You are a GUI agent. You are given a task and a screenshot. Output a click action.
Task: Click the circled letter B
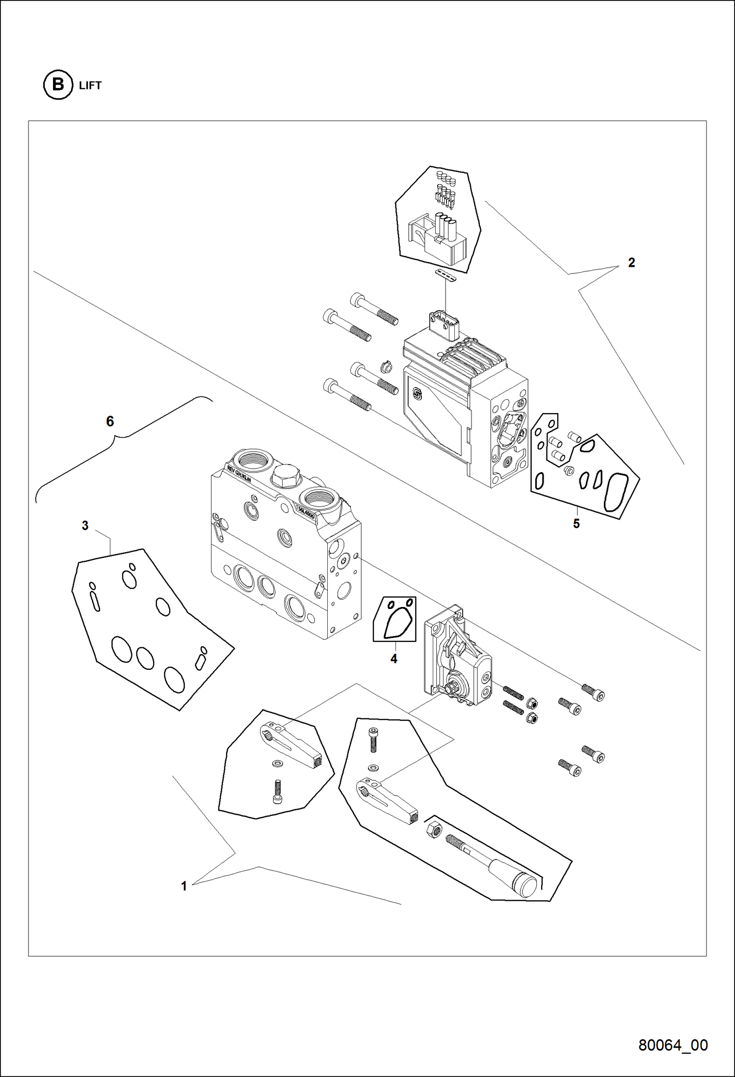point(58,85)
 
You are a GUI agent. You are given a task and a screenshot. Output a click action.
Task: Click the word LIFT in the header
point(90,85)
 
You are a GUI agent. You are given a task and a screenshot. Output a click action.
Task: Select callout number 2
point(631,263)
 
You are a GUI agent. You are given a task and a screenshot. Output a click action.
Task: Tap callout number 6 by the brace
point(110,421)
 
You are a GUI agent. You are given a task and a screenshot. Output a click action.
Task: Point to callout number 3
point(85,526)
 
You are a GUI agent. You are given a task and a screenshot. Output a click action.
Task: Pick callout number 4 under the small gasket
point(394,659)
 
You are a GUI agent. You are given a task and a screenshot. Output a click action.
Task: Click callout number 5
point(577,524)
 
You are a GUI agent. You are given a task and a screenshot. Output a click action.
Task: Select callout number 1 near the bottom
point(184,886)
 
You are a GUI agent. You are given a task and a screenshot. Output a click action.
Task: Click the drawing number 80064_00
point(673,1045)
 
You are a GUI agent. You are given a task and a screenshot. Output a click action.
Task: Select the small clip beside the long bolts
point(386,366)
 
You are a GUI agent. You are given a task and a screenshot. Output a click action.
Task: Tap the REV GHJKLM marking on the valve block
point(239,474)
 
